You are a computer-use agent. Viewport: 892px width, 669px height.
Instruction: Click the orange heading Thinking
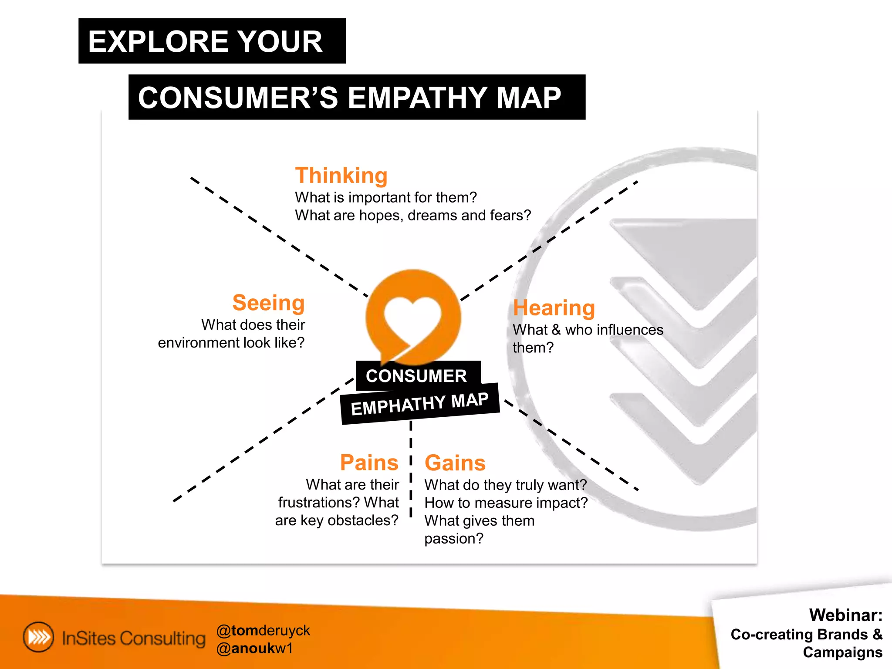coord(341,176)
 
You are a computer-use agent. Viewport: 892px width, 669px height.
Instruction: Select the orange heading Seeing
coord(268,303)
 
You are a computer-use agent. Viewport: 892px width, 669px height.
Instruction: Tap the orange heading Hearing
coord(554,308)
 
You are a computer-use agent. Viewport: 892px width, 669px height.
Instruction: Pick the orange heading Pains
coord(369,463)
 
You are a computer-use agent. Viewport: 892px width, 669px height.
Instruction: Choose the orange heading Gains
coord(455,463)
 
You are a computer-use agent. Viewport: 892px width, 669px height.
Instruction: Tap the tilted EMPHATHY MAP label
coord(420,404)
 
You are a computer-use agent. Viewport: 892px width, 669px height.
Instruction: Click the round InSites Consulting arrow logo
coord(39,637)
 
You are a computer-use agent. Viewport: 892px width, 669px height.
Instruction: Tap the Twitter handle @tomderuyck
coord(263,630)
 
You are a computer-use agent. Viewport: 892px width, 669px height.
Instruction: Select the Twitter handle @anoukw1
coord(255,649)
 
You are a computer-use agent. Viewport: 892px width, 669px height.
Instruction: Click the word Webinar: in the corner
coord(845,615)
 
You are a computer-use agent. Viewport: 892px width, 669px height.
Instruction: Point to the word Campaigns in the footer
coord(842,652)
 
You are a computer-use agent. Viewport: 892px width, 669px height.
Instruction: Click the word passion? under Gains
coord(454,539)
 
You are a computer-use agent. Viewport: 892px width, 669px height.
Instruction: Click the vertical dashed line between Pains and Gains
coord(411,470)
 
